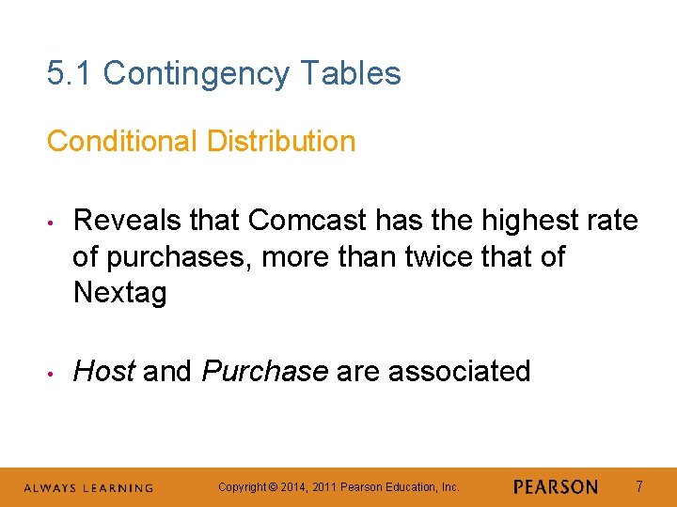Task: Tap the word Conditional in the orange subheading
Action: pyautogui.click(x=122, y=142)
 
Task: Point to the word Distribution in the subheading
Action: pyautogui.click(x=281, y=142)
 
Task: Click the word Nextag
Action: pyautogui.click(x=119, y=293)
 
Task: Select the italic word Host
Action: pyautogui.click(x=103, y=372)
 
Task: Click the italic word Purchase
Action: pyautogui.click(x=264, y=372)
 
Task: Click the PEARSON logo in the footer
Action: pyautogui.click(x=556, y=487)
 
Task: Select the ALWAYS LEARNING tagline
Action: pyautogui.click(x=88, y=488)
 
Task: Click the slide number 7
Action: pyautogui.click(x=639, y=487)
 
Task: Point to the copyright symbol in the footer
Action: pyautogui.click(x=273, y=487)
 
